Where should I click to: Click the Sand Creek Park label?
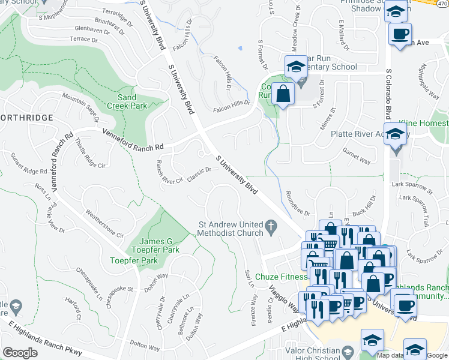click(x=127, y=101)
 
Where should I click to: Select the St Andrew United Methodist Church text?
click(x=231, y=229)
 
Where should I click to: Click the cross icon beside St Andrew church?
click(x=271, y=227)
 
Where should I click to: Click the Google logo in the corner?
click(x=20, y=353)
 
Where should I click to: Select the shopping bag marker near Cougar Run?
click(x=283, y=94)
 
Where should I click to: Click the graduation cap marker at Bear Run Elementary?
click(x=295, y=68)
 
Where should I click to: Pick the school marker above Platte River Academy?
click(x=396, y=134)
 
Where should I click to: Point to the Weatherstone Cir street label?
click(x=104, y=223)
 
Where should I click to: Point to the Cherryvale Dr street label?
click(x=163, y=308)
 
